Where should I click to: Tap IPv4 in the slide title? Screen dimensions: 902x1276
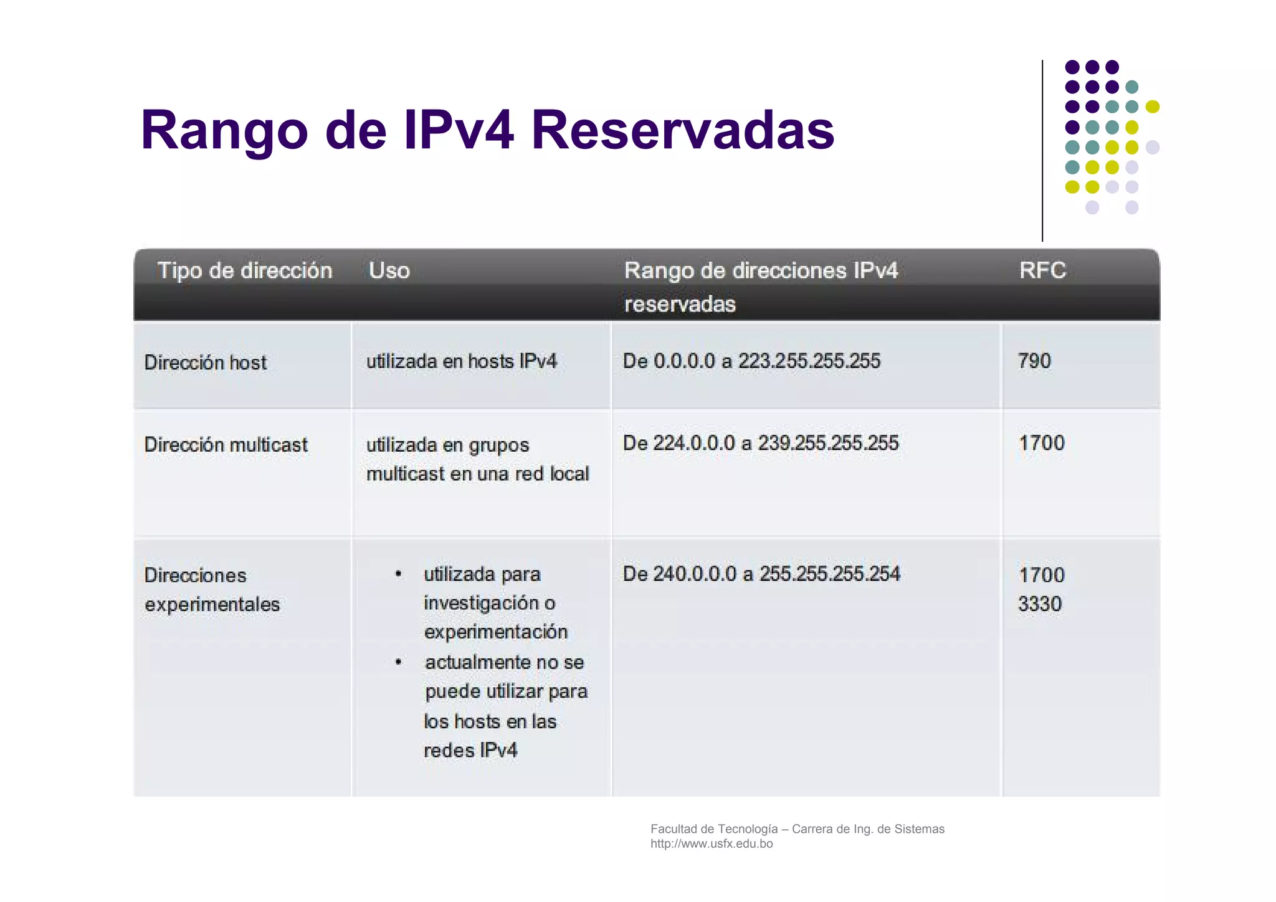tap(459, 130)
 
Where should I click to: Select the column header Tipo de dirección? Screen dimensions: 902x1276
tap(245, 270)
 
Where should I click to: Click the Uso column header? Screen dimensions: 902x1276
tap(389, 270)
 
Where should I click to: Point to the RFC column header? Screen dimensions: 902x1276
tap(1042, 270)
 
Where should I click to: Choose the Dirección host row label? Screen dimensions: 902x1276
tap(205, 363)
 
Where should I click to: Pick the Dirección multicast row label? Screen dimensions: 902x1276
tap(226, 445)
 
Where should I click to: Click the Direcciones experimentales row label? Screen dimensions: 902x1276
tap(212, 589)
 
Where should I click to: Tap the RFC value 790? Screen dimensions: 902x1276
tap(1034, 361)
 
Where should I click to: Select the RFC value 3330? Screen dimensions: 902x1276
tap(1040, 604)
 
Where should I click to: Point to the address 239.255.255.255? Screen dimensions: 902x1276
tap(828, 443)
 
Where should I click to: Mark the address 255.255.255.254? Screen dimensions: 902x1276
tap(829, 574)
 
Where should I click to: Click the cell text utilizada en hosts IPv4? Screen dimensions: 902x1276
tap(461, 361)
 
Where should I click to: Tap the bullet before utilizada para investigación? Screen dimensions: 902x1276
tap(398, 574)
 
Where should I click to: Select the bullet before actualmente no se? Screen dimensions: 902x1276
tap(398, 662)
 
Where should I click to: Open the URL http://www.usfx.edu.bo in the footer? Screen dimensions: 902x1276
tap(712, 844)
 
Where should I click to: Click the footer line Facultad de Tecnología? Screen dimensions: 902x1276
tap(797, 829)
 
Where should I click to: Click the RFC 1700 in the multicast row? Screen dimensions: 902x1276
tap(1041, 443)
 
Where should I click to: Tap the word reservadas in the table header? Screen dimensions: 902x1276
tap(680, 304)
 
